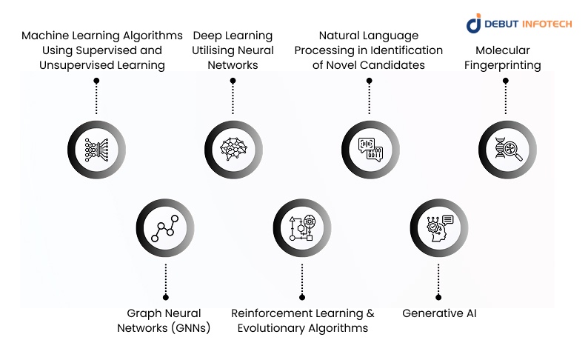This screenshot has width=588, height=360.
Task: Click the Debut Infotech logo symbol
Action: coord(474,23)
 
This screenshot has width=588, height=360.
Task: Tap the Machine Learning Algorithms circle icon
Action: coord(96,148)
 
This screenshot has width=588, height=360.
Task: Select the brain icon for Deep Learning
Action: coord(233,148)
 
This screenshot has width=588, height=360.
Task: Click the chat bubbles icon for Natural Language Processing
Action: coord(370,148)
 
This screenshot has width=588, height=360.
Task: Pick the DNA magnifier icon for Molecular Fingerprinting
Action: coord(506,148)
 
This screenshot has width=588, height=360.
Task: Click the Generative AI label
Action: coord(439,313)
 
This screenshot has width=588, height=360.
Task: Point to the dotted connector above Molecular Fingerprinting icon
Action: coord(506,95)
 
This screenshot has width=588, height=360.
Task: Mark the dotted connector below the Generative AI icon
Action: coord(438,282)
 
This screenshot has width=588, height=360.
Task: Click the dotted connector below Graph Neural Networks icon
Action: coord(165,282)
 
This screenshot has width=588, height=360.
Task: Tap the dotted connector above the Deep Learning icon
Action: coord(233,95)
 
